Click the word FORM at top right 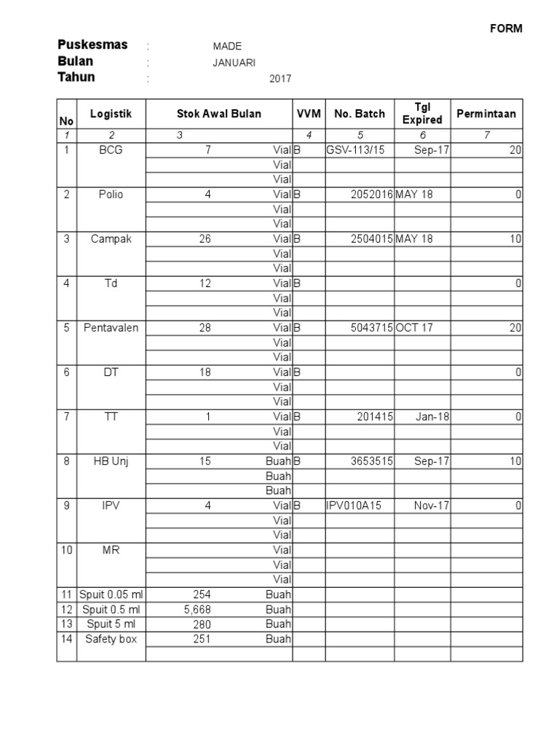point(505,29)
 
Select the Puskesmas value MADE point(227,47)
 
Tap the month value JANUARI point(234,63)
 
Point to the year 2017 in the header point(280,79)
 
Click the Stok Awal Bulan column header point(219,114)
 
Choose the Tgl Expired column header point(422,114)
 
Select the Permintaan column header point(486,114)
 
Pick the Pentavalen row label point(111,328)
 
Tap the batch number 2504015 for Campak point(370,239)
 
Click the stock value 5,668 point(197,609)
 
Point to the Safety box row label point(111,639)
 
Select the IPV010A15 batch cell point(354,506)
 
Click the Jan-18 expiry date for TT point(432,417)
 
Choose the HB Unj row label point(111,461)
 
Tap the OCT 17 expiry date point(414,328)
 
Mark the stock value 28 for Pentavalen point(205,328)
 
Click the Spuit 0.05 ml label point(111,594)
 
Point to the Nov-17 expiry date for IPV point(432,506)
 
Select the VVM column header point(309,114)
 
